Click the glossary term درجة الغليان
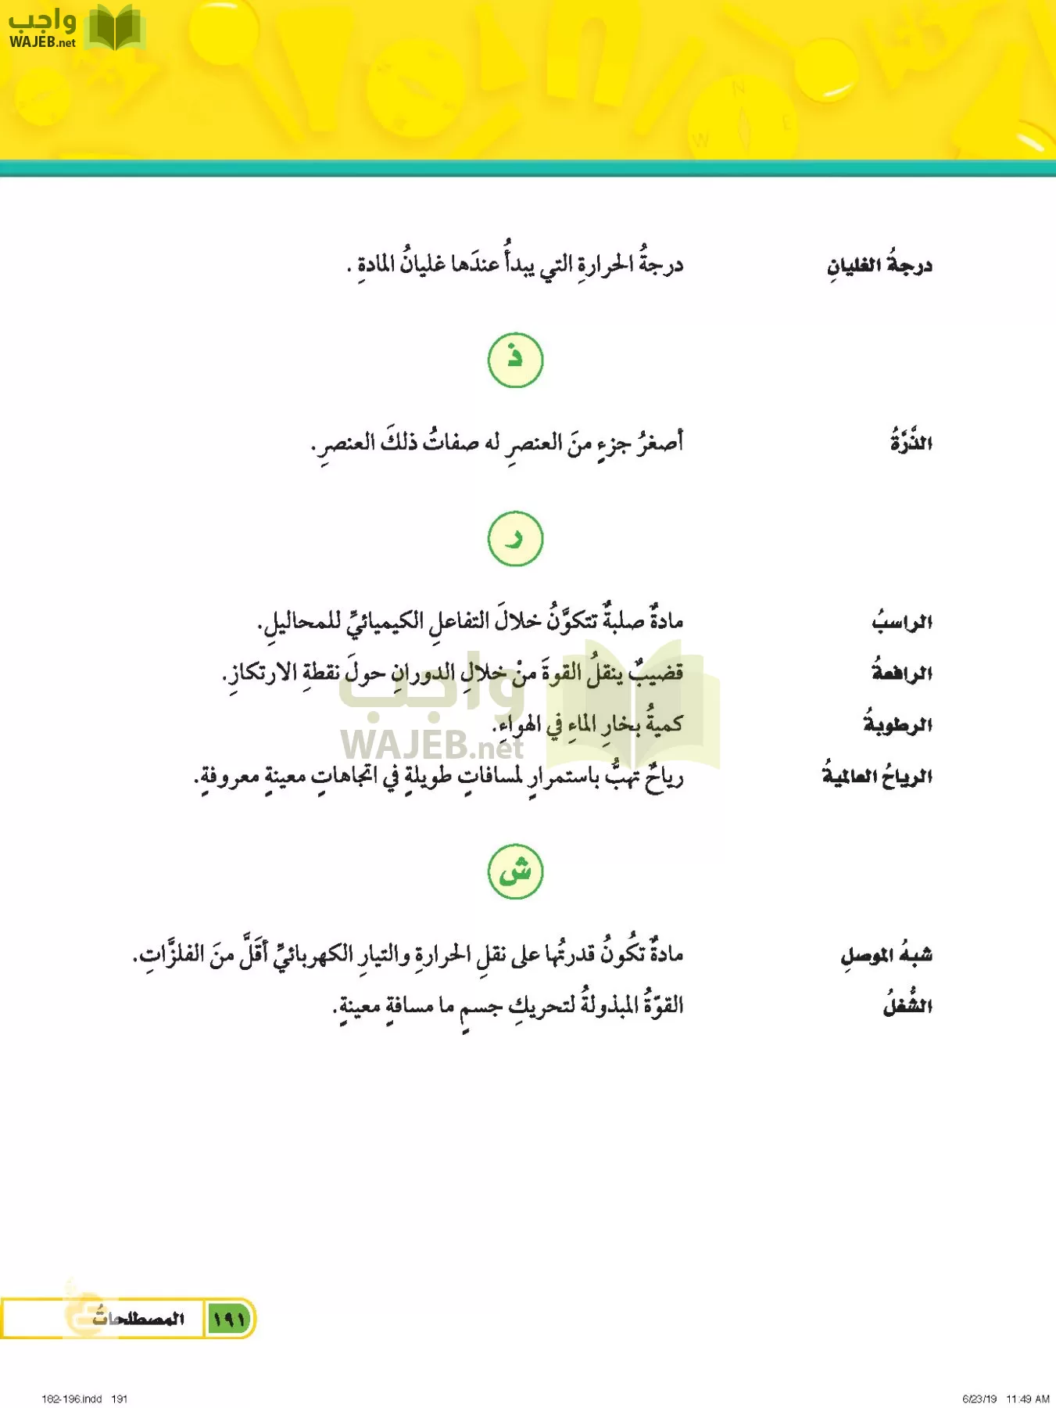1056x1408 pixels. coord(879,266)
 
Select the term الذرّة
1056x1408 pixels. coord(911,443)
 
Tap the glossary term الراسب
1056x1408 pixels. coord(902,622)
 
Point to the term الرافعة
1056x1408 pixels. coord(902,673)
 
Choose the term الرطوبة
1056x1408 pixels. coord(897,724)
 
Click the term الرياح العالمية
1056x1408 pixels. coord(877,776)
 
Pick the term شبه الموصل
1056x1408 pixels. coord(886,955)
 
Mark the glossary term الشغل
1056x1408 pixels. coord(907,1005)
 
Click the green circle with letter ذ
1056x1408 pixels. coord(515,360)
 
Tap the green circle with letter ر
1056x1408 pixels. coord(515,539)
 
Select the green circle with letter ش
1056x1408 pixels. coord(515,871)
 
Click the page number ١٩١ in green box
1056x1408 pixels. coord(228,1320)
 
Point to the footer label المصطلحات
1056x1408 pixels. coord(138,1319)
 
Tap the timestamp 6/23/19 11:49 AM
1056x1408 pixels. coord(1005,1399)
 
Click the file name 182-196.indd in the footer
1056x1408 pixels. coord(71,1399)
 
